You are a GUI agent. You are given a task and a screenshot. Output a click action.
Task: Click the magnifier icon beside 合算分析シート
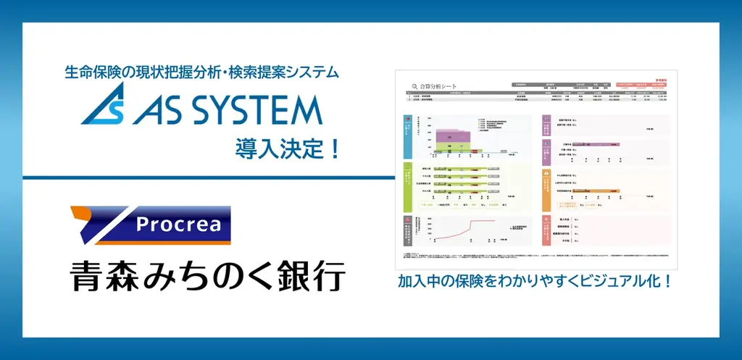coord(414,85)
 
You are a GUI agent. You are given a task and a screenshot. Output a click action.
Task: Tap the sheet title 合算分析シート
coord(440,85)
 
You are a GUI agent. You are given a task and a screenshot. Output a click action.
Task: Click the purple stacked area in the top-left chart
coord(452,134)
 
